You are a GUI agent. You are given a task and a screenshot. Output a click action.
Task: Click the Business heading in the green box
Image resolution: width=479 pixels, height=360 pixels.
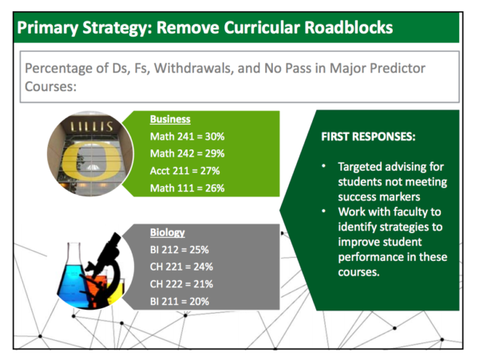170,119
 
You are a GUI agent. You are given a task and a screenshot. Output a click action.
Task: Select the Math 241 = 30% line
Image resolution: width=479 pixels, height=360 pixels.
188,136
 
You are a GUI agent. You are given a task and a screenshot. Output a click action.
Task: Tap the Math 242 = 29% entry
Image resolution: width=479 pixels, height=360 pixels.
188,153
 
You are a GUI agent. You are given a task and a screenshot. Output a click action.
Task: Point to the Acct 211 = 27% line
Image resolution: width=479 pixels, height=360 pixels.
185,171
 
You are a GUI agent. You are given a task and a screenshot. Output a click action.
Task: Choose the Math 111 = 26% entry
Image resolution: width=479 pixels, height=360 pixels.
188,188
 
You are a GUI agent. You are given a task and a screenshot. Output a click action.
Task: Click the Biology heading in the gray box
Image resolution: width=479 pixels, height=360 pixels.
168,232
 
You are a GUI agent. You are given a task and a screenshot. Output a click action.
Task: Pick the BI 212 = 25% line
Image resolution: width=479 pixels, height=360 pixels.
180,250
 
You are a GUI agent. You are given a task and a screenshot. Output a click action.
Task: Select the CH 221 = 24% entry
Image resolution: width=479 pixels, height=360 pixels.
181,267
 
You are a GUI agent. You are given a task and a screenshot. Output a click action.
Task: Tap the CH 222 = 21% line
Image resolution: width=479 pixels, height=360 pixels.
181,284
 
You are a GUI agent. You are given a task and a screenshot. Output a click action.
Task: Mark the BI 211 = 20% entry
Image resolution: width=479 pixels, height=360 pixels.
180,302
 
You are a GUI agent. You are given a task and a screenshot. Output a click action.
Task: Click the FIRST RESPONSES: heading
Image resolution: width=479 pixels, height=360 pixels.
368,136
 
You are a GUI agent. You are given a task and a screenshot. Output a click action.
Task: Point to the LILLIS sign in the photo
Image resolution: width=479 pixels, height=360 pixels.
92,126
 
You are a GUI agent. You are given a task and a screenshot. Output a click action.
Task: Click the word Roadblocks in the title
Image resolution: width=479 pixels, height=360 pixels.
349,27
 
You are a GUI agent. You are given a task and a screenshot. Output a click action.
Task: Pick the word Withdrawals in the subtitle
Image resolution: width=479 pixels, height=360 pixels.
194,68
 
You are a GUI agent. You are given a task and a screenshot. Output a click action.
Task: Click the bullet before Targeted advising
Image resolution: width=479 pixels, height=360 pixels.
324,166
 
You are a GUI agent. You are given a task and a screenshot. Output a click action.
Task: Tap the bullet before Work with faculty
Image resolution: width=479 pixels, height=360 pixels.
324,211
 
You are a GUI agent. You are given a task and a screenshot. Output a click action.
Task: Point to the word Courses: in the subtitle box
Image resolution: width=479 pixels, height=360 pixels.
50,86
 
